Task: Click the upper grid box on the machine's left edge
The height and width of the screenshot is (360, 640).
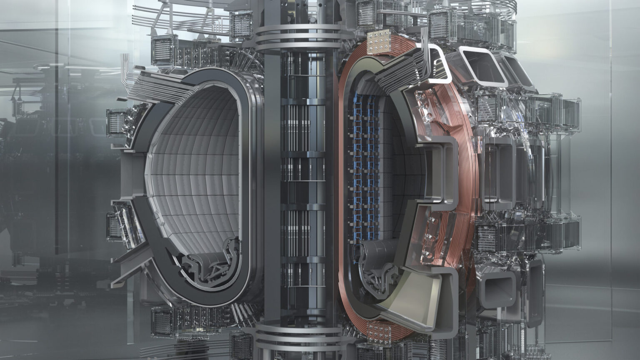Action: pos(116,123)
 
